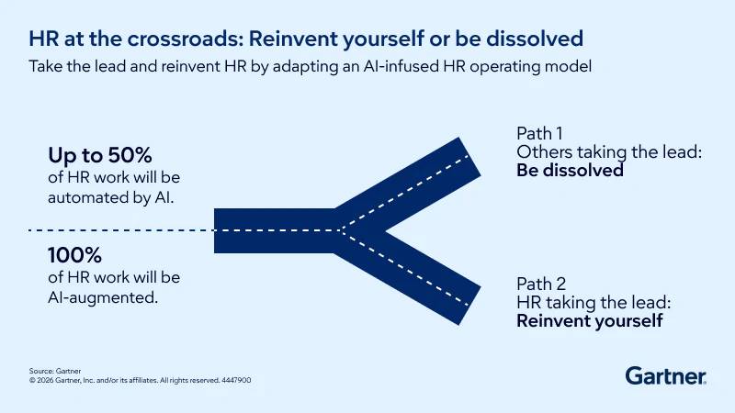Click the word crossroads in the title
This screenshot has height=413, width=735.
point(185,39)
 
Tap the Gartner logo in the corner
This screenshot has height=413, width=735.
point(665,376)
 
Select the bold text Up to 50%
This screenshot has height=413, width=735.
point(100,155)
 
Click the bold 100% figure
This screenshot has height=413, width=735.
point(74,256)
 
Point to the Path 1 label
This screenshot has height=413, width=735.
point(539,133)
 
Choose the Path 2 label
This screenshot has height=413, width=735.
point(541,284)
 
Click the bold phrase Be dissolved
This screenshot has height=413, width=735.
point(570,171)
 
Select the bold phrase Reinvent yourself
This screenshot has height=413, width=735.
point(589,321)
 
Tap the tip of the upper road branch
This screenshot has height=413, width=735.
point(469,156)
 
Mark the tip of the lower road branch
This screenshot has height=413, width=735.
point(469,305)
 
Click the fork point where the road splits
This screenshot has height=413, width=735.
point(342,230)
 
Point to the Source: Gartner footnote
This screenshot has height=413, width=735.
point(55,371)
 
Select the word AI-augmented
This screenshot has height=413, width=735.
point(103,297)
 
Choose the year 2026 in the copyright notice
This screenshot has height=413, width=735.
point(45,380)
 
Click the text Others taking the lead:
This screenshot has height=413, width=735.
point(609,152)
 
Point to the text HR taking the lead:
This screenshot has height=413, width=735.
point(594,303)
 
